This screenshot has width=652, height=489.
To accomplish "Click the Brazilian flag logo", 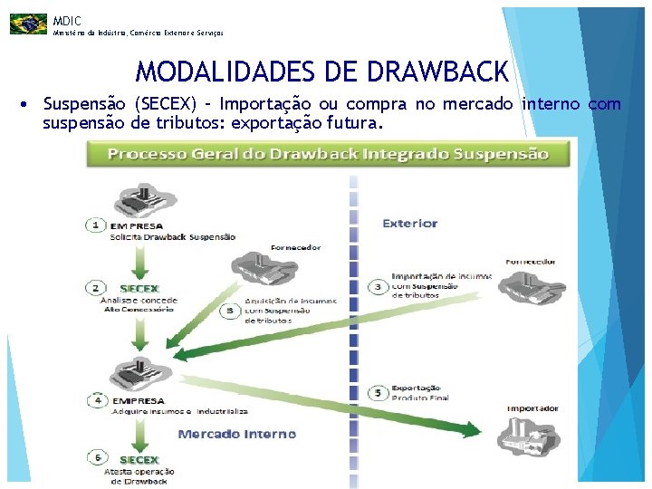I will coord(28,24).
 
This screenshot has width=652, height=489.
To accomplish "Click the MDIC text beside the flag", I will coord(67,20).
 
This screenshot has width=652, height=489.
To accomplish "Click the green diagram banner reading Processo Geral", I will coord(329,153).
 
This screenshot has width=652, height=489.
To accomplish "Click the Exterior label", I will coord(409,223).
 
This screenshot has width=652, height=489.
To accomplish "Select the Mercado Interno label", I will coord(237,434).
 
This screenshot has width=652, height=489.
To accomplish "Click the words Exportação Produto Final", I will coord(420,392).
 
